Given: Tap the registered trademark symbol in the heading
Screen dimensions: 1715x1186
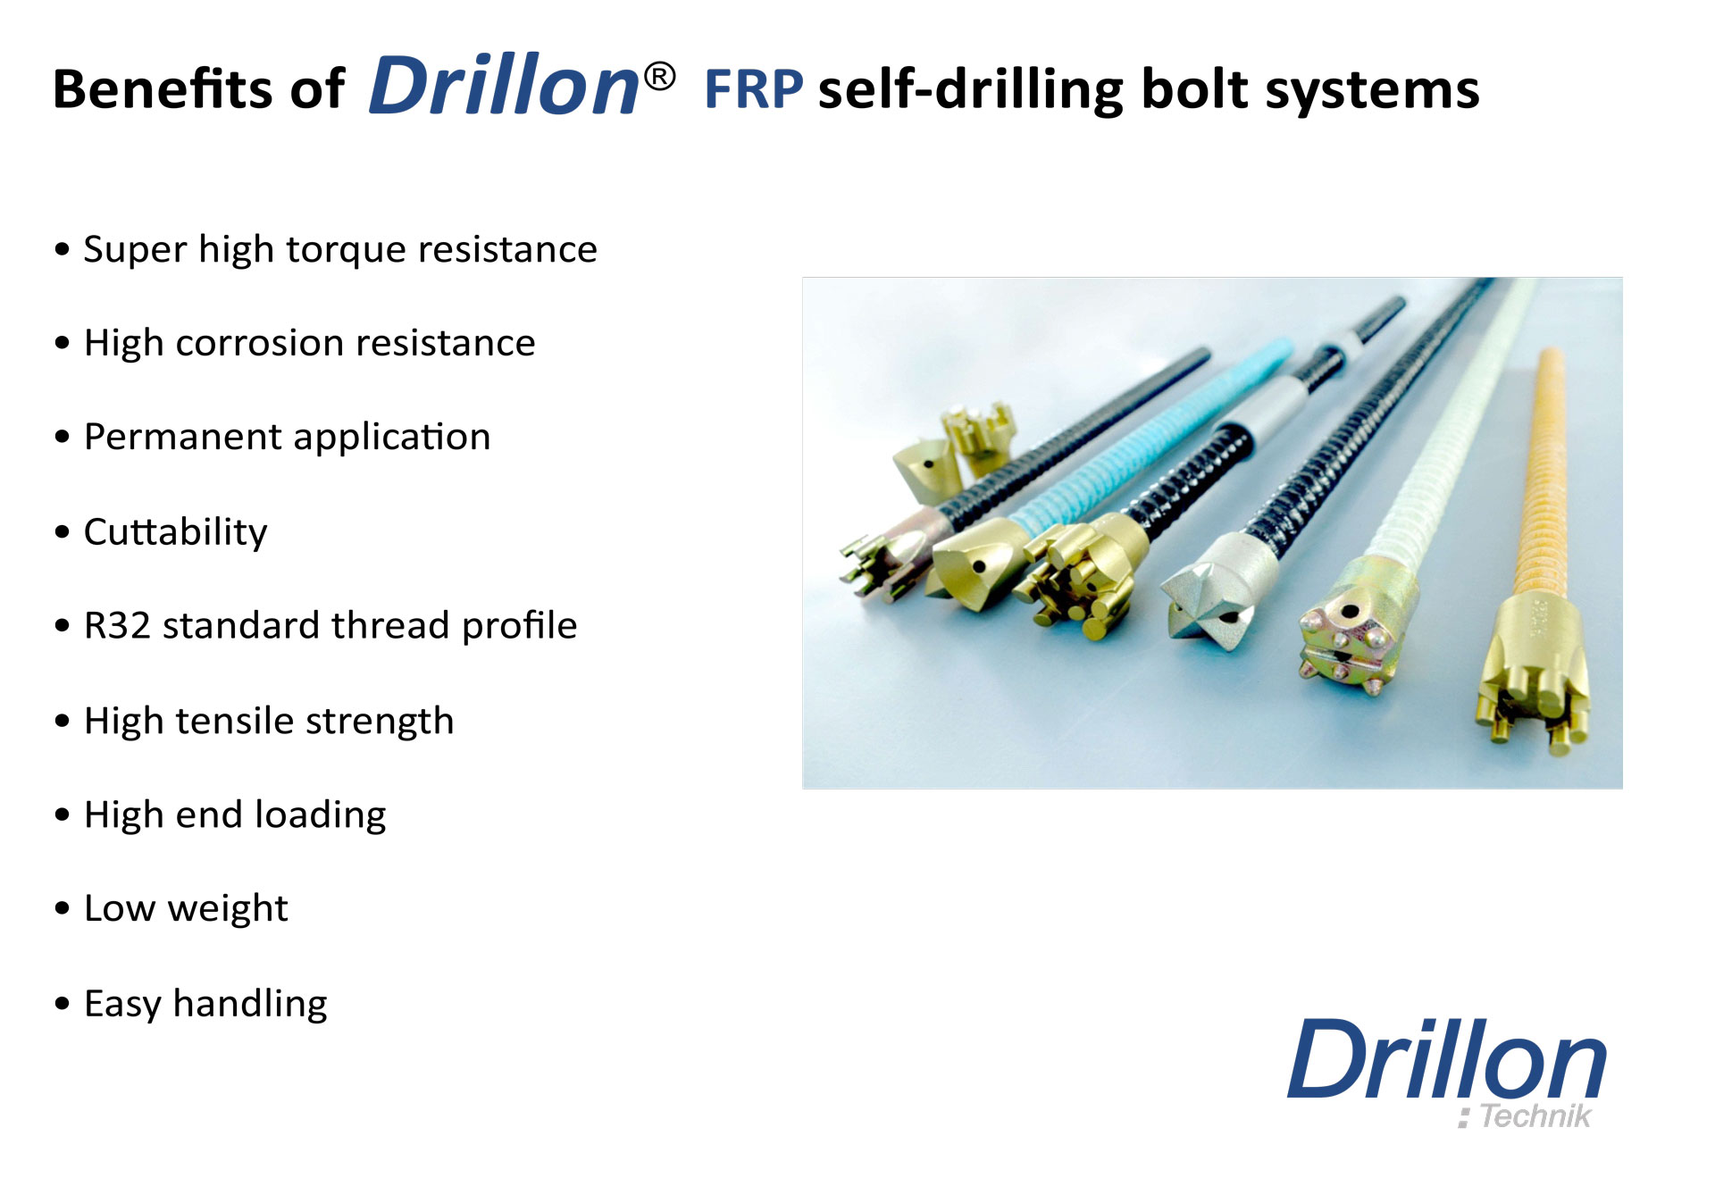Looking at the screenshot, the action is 659,77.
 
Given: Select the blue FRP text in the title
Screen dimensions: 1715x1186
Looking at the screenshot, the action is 754,89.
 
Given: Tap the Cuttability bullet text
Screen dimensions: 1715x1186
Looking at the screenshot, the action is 175,531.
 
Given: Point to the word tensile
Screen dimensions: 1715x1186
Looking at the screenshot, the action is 234,721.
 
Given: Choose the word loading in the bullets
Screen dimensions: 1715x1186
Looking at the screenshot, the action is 321,815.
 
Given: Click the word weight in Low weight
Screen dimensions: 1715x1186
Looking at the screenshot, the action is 228,909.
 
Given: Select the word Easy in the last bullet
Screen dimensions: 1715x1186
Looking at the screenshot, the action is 122,1004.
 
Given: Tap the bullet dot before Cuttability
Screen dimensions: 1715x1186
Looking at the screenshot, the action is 62,532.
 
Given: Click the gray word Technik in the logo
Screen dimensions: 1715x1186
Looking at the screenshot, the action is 1535,1115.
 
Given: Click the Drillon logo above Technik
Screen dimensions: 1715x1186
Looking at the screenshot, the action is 1446,1059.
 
